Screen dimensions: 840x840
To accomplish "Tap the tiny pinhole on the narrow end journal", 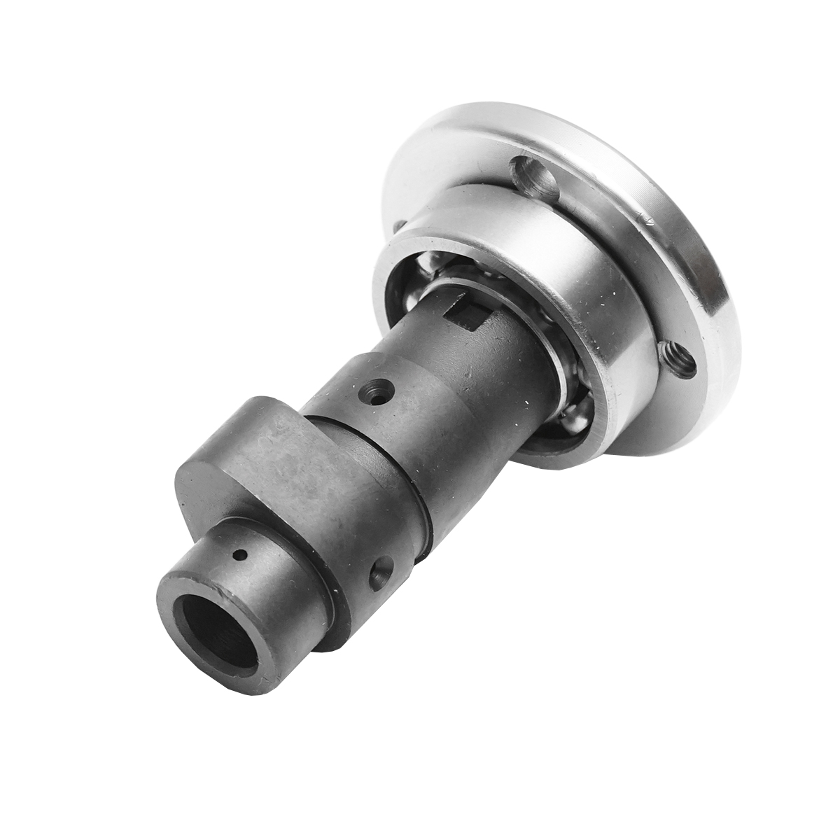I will click(241, 556).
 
